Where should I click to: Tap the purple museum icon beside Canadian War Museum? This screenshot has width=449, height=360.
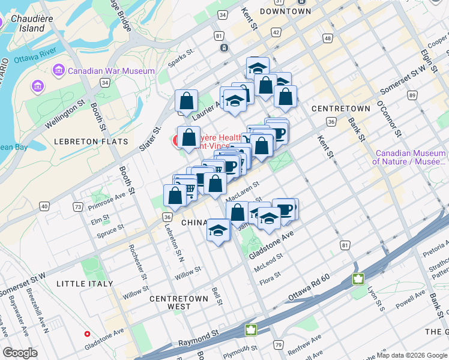[59, 70]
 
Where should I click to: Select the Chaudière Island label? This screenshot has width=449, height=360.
[23, 23]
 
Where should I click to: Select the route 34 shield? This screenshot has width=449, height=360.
[104, 83]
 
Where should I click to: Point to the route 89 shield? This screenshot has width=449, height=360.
[412, 95]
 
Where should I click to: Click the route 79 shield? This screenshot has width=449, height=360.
[278, 344]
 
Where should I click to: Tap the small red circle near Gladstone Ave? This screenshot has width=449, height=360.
[87, 334]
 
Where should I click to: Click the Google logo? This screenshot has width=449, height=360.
[20, 353]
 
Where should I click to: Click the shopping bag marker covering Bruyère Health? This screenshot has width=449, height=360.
[188, 137]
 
